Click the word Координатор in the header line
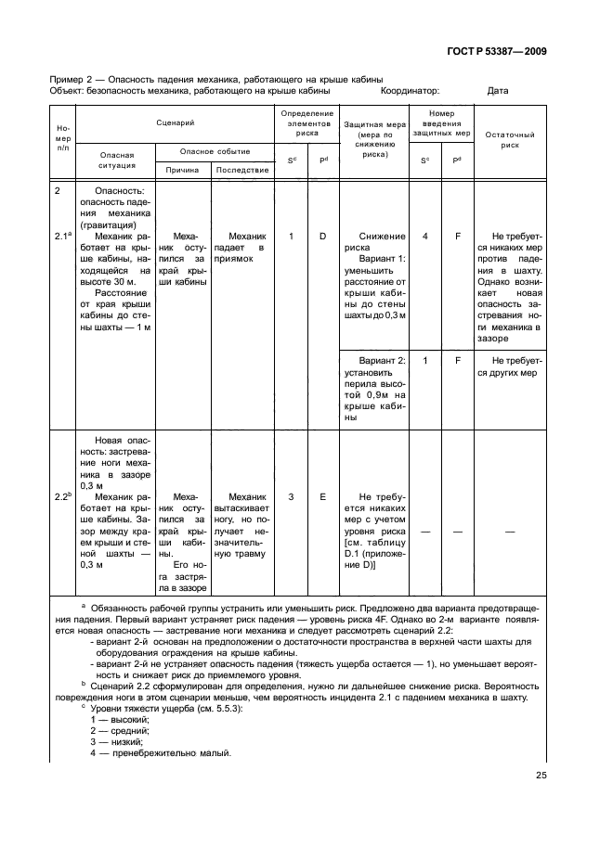[x=411, y=91]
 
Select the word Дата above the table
[x=498, y=91]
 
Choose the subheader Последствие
[x=241, y=170]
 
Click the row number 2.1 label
[x=63, y=237]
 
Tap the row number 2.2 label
[x=63, y=497]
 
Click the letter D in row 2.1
[x=323, y=237]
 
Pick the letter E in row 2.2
[x=323, y=497]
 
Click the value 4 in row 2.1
[x=425, y=237]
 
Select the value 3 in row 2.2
[x=291, y=497]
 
